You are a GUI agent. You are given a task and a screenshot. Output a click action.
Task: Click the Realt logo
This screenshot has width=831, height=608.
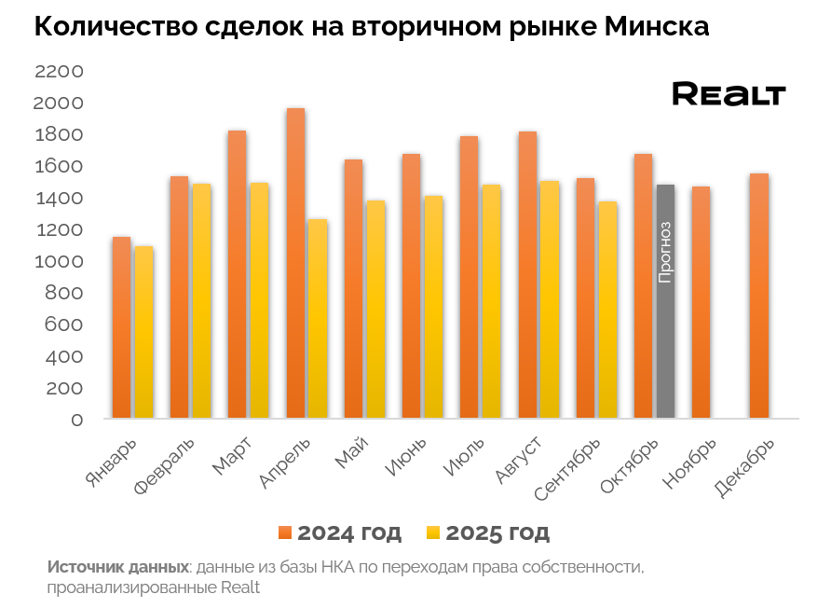[729, 94]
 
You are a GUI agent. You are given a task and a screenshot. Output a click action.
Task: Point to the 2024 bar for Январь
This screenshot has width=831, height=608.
[121, 327]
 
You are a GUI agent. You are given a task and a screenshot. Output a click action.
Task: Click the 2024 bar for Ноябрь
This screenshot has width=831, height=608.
[701, 302]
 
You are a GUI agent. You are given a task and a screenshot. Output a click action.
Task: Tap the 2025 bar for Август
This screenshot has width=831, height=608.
[550, 299]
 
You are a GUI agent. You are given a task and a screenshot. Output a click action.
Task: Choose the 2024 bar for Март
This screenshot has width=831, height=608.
[238, 274]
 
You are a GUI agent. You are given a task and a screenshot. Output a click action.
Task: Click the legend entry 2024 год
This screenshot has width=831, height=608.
[340, 532]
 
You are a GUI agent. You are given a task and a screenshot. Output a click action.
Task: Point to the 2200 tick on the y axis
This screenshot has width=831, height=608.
[58, 72]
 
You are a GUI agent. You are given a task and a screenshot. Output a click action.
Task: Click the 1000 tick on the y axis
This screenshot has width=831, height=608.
[58, 262]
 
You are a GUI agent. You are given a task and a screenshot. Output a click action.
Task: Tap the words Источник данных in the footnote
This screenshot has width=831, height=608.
[117, 567]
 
